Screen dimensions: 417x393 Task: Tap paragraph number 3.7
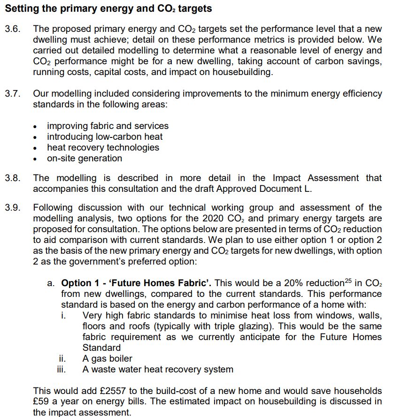[x=13, y=93]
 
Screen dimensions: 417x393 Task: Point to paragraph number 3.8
[x=13, y=178]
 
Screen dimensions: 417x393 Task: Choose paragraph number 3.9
[x=13, y=208]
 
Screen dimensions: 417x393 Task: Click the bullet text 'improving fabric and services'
[x=108, y=126]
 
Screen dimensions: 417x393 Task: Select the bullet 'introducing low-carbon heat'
[x=105, y=136]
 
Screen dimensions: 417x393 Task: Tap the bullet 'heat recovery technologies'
[x=103, y=147]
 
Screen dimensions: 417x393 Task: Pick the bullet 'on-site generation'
[x=85, y=158]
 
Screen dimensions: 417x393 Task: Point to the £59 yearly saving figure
[x=42, y=402]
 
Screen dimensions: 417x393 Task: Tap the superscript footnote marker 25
[x=349, y=281]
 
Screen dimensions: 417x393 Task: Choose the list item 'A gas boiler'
[x=108, y=359]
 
